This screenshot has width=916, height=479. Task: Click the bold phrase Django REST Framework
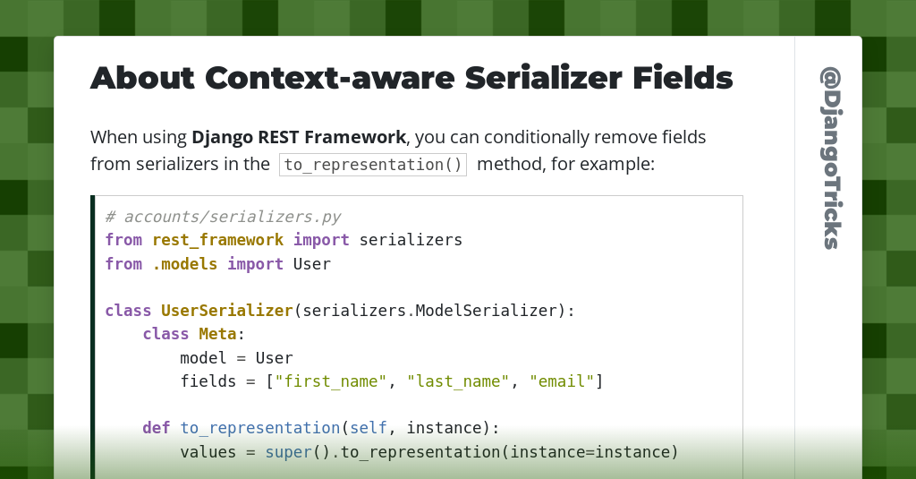[x=299, y=138]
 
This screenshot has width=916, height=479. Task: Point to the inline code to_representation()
[x=373, y=165]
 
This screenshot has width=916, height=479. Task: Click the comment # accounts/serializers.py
[x=223, y=217]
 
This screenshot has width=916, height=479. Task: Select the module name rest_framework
[x=217, y=240]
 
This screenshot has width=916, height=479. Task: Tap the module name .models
[x=184, y=264]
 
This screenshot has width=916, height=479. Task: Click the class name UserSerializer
[x=227, y=311]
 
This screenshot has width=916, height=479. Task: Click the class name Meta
[x=217, y=334]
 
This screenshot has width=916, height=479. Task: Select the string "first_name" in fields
[x=331, y=381]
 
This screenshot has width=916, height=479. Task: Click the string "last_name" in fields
[x=458, y=381]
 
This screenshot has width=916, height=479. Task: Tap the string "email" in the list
[x=562, y=381]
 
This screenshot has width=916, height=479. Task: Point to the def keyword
[x=157, y=428]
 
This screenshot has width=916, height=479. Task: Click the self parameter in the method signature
[x=369, y=428]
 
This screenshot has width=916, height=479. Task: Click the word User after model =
[x=274, y=358]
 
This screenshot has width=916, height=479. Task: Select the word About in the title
[x=142, y=78]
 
